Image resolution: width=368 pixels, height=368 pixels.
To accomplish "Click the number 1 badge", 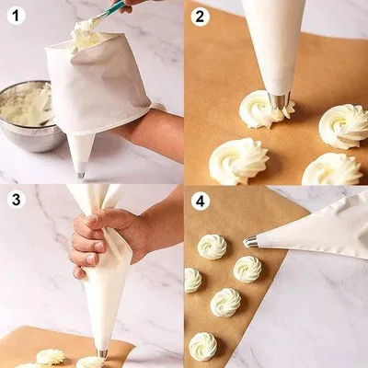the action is pyautogui.click(x=16, y=16).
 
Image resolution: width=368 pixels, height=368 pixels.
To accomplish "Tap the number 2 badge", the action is pyautogui.click(x=200, y=17).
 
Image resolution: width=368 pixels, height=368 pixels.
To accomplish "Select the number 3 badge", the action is pyautogui.click(x=16, y=200).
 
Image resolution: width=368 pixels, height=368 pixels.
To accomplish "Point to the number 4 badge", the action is pyautogui.click(x=200, y=201).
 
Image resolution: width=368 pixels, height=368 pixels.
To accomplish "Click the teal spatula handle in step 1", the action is pyautogui.click(x=113, y=8).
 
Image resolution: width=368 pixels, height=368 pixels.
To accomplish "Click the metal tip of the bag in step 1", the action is pyautogui.click(x=81, y=174).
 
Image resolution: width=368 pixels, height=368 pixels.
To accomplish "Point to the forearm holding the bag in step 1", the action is pyautogui.click(x=150, y=131).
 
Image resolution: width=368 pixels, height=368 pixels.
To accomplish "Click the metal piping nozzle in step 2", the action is pyautogui.click(x=279, y=102).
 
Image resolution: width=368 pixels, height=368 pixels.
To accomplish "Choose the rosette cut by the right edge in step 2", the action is pyautogui.click(x=343, y=126).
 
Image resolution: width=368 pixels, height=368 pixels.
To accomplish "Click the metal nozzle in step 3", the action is pyautogui.click(x=102, y=353).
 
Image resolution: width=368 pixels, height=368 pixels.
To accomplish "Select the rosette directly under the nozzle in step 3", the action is pyautogui.click(x=89, y=362).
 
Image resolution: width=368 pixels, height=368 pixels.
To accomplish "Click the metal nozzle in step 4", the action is pyautogui.click(x=250, y=242).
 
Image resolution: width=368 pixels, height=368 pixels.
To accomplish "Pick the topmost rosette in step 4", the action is pyautogui.click(x=213, y=247).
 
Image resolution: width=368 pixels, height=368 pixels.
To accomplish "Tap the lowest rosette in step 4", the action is pyautogui.click(x=203, y=347).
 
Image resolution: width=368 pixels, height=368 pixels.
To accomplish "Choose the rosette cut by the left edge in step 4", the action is pyautogui.click(x=192, y=281).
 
